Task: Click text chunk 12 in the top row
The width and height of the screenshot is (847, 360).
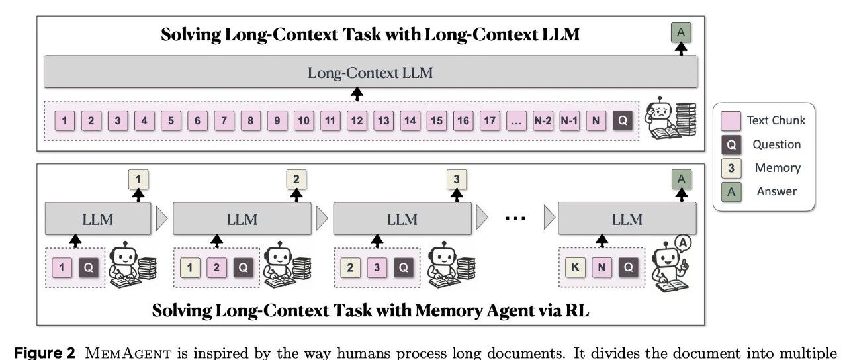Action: click(357, 121)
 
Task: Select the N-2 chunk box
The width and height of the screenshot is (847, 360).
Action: click(543, 121)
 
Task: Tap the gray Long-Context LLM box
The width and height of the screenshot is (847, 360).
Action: click(370, 72)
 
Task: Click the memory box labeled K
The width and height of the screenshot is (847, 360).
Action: click(574, 267)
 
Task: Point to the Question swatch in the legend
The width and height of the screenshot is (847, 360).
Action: click(731, 144)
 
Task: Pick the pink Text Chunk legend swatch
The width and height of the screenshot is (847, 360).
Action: click(731, 120)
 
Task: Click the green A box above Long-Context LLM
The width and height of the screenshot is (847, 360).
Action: click(679, 32)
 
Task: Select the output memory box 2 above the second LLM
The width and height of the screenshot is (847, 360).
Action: click(296, 179)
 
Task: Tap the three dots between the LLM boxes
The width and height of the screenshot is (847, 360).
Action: click(515, 218)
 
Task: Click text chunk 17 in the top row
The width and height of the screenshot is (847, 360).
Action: click(490, 121)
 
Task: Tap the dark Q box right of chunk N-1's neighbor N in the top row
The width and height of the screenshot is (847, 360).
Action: click(622, 121)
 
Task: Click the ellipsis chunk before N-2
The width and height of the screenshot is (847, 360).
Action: click(516, 121)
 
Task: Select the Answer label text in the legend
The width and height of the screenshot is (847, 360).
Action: click(778, 191)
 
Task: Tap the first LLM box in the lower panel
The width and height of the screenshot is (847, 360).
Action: click(98, 218)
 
